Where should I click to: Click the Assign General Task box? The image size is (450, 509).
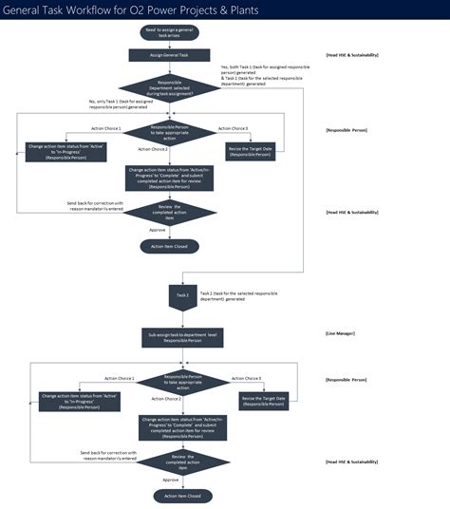tap(171, 55)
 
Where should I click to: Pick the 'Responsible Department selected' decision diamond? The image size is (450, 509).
tap(171, 89)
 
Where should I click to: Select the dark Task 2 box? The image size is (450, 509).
tap(183, 295)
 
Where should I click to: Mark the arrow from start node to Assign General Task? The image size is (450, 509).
tap(171, 44)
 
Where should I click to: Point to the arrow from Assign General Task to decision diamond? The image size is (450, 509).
tap(171, 68)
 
